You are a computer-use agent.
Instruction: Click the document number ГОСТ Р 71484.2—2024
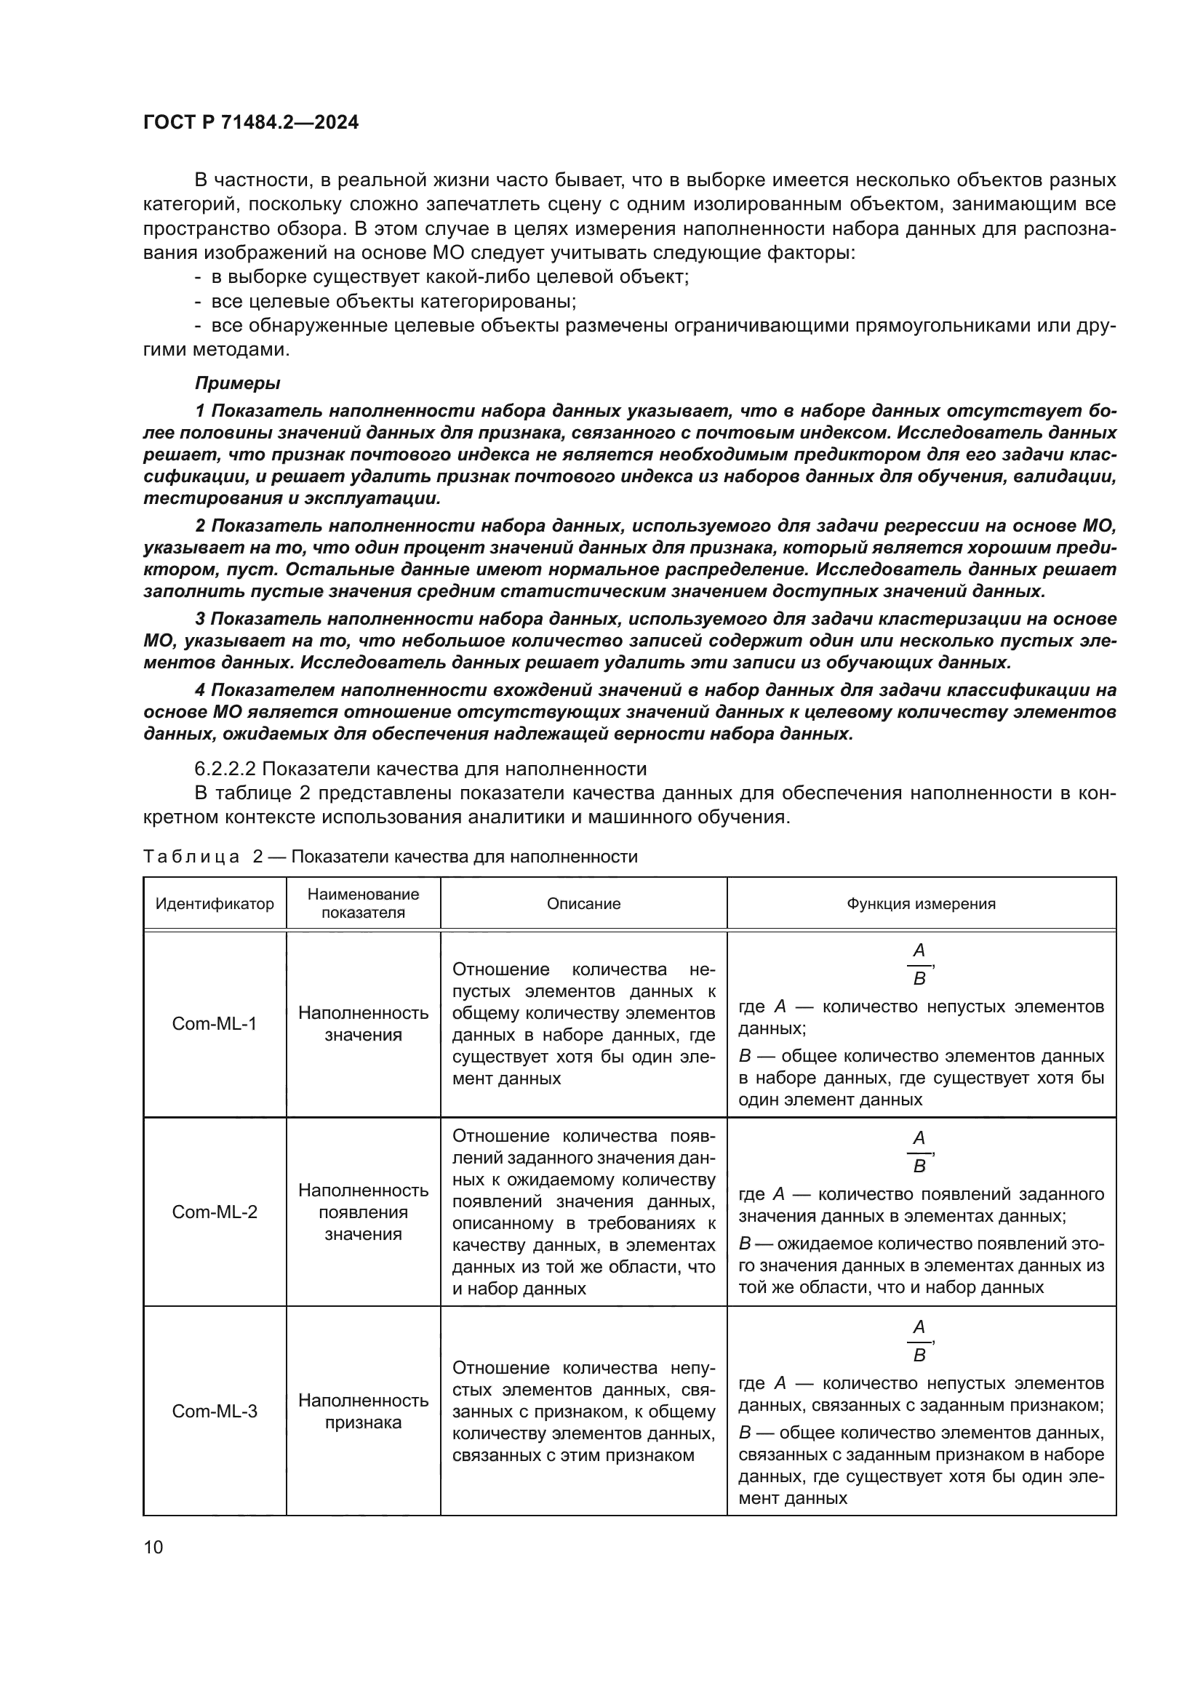pyautogui.click(x=250, y=123)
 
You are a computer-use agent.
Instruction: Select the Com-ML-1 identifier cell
pyautogui.click(x=214, y=1023)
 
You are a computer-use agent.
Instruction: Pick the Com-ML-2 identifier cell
pyautogui.click(x=214, y=1212)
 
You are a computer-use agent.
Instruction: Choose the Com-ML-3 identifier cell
pyautogui.click(x=214, y=1411)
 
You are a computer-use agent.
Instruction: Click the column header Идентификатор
pyautogui.click(x=214, y=904)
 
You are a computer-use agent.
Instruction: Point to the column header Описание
pyautogui.click(x=583, y=904)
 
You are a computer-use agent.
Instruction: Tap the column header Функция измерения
pyautogui.click(x=921, y=904)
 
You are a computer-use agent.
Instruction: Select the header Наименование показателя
pyautogui.click(x=363, y=903)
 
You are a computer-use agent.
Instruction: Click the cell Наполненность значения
pyautogui.click(x=363, y=1023)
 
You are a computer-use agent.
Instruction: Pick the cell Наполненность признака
pyautogui.click(x=363, y=1411)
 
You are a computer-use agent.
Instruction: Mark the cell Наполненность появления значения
pyautogui.click(x=363, y=1212)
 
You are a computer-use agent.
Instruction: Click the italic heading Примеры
pyautogui.click(x=237, y=383)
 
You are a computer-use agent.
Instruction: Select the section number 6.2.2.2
pyautogui.click(x=225, y=768)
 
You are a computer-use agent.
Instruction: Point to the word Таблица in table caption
pyautogui.click(x=191, y=857)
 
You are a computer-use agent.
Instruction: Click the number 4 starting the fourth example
pyautogui.click(x=200, y=689)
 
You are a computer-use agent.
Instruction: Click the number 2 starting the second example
pyautogui.click(x=200, y=525)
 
